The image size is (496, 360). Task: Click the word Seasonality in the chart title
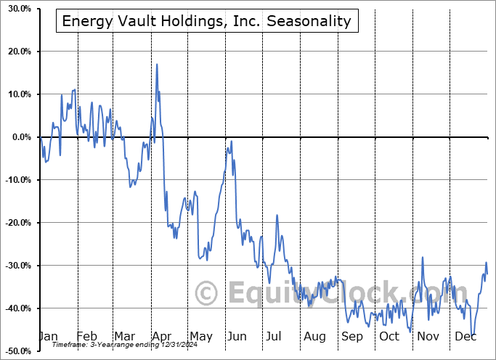coord(309,21)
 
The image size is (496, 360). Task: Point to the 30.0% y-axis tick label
coord(20,9)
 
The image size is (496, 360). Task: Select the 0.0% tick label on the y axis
coord(22,137)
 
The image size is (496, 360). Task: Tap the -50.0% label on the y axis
coord(18,351)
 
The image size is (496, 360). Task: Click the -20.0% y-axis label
coord(18,223)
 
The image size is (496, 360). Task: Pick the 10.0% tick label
coord(20,94)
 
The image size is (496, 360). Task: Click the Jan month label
coord(48,336)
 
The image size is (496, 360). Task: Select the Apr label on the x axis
coord(162,337)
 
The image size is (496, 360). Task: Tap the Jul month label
coord(273,336)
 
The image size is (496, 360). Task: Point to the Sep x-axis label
coord(351,337)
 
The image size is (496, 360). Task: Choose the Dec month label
coord(465,336)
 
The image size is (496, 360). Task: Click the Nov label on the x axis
coord(428,336)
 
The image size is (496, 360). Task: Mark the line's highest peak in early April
coord(157,65)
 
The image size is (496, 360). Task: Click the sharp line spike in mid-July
coord(277,216)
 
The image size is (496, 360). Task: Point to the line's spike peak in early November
coord(423,258)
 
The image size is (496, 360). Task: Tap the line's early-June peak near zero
coord(232,142)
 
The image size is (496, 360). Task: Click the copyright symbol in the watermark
coord(206,293)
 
